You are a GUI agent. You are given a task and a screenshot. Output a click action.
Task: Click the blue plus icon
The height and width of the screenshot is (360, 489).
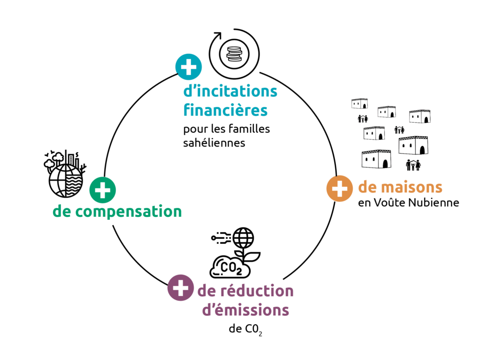189,67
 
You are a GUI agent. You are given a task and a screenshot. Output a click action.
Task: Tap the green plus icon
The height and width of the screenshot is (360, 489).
102,190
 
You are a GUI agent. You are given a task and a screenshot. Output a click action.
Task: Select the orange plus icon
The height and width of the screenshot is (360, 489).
340,189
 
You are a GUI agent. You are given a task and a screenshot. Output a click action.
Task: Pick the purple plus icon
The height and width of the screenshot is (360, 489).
180,288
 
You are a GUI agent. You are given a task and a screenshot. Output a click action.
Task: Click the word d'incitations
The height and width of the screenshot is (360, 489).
230,92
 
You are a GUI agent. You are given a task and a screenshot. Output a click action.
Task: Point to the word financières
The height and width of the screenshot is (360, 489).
226,110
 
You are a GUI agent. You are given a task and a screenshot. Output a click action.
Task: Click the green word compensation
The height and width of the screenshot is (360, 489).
128,212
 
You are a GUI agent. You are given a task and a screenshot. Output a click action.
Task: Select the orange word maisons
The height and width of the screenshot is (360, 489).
411,187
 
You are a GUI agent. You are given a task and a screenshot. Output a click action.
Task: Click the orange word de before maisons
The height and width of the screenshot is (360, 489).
367,187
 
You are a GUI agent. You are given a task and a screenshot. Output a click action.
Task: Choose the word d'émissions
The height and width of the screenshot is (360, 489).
245,310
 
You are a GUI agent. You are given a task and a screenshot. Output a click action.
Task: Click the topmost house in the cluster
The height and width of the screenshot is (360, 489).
360,104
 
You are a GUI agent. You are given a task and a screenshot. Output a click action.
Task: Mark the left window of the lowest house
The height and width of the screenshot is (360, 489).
367,160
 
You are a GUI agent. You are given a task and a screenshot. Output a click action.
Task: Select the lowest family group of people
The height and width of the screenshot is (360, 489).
413,164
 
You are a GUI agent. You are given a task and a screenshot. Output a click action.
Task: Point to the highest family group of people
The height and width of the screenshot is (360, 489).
363,119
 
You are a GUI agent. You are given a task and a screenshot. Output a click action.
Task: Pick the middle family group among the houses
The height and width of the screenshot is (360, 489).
399,130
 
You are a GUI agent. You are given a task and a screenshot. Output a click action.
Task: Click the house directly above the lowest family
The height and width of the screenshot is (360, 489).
413,146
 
